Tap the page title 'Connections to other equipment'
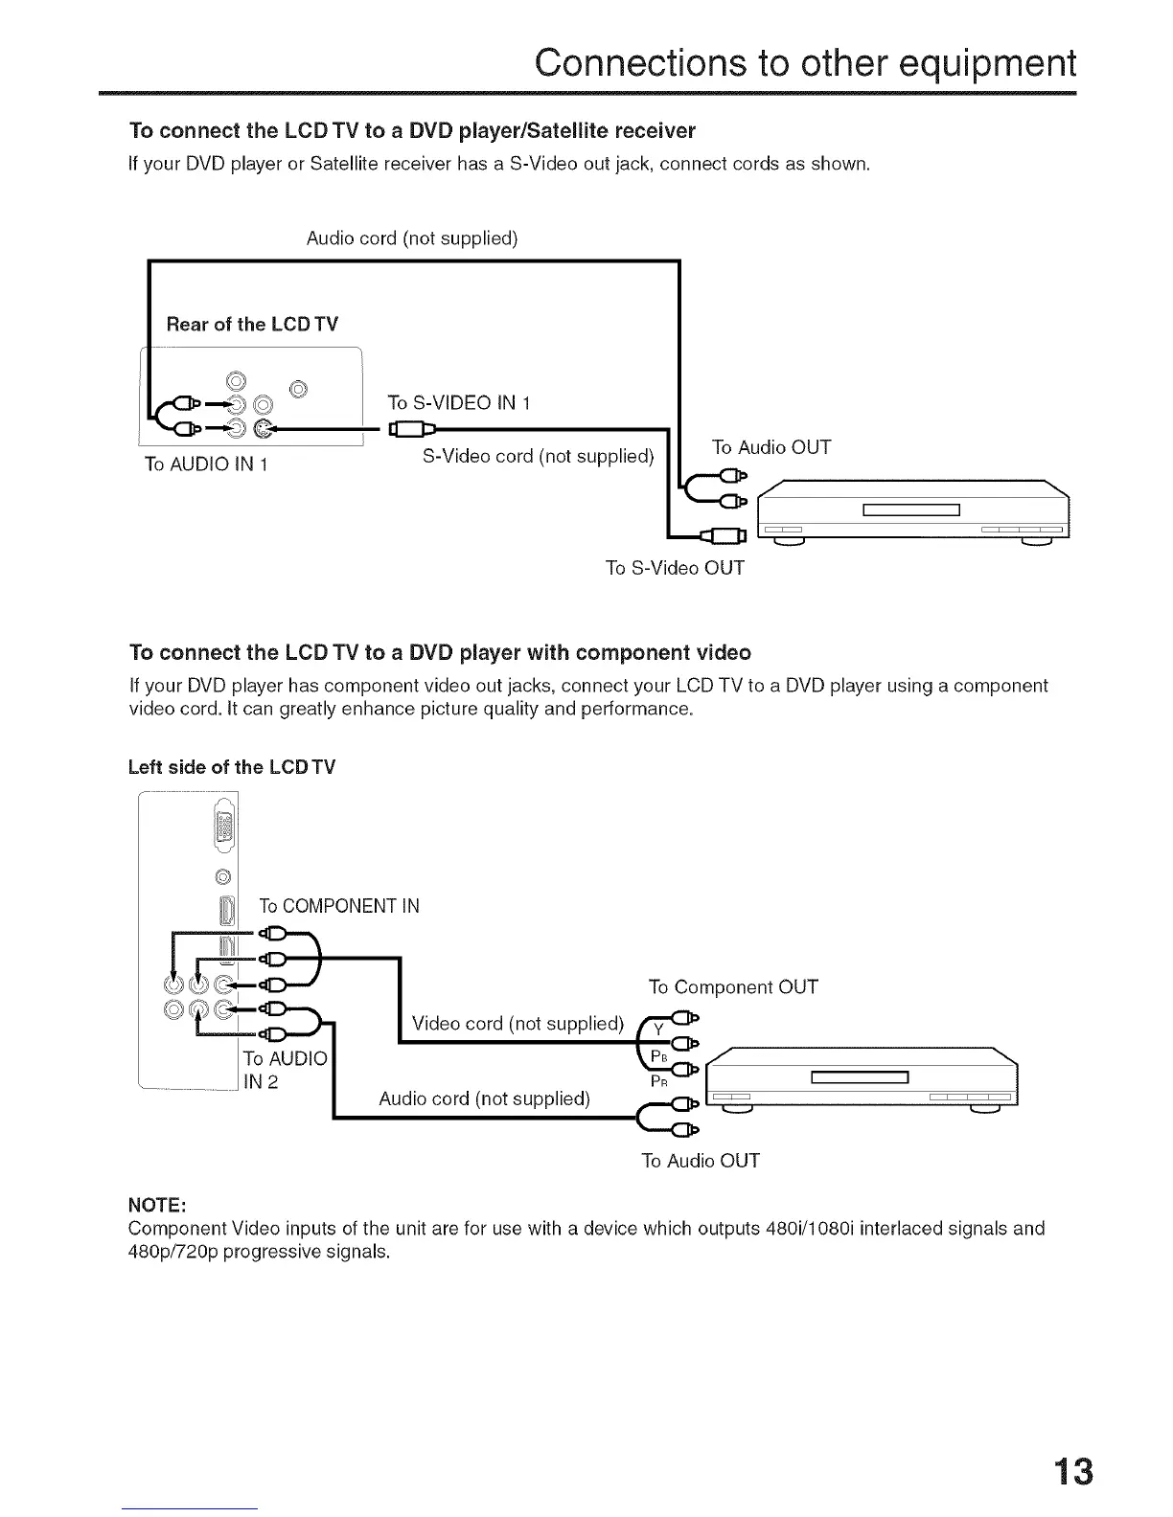[805, 63]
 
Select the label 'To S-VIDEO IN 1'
[459, 402]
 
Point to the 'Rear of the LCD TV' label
[252, 324]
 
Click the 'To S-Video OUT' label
[675, 568]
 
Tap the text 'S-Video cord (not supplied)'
[538, 456]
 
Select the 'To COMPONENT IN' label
[339, 906]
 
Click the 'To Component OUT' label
[733, 986]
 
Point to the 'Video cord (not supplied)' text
[517, 1023]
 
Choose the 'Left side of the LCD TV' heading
[232, 767]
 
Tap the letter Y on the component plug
[658, 1030]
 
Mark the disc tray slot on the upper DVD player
[910, 509]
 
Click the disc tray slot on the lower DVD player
[859, 1077]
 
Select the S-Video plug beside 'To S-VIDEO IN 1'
[409, 429]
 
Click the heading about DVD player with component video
[440, 653]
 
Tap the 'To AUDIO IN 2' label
[285, 1070]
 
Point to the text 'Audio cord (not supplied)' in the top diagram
[412, 238]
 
